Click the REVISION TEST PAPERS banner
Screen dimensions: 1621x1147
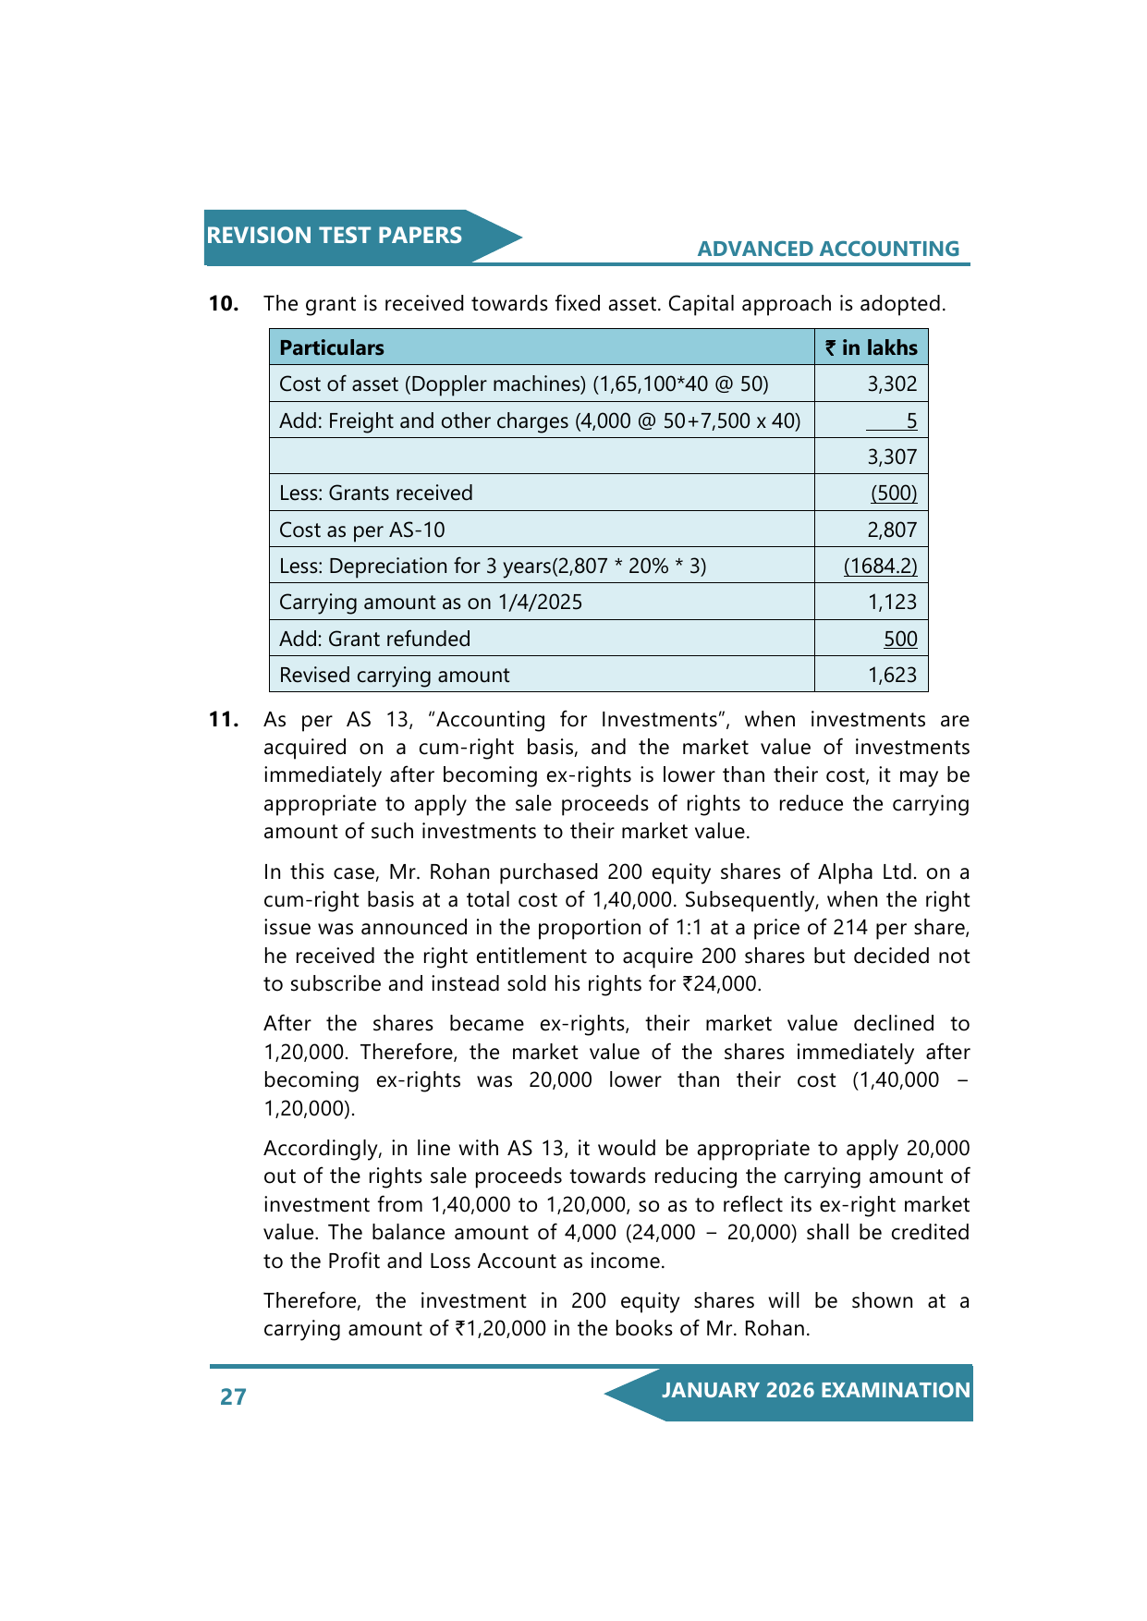coord(335,236)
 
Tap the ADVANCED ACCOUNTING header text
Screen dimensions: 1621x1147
coord(828,249)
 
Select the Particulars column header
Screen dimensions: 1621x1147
coord(332,347)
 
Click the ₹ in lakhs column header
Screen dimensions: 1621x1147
coord(871,347)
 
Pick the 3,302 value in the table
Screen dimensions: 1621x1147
coord(892,384)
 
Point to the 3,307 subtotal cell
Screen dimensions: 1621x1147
coord(892,457)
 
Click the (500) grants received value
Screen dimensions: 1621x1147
coord(894,494)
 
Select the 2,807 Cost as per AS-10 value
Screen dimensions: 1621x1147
coord(892,530)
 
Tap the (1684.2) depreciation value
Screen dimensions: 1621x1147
coord(880,566)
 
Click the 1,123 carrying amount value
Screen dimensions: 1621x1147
coord(892,603)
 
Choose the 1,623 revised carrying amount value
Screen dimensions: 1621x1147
coord(892,676)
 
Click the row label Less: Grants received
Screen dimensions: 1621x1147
coord(376,494)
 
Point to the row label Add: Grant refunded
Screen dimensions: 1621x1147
coord(374,639)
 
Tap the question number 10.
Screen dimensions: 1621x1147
coord(224,303)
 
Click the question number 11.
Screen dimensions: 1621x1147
coord(224,719)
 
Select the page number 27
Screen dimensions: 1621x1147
coord(233,1396)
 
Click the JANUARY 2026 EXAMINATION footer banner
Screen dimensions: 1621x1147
coord(815,1391)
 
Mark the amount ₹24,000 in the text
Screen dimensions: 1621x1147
coord(721,984)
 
